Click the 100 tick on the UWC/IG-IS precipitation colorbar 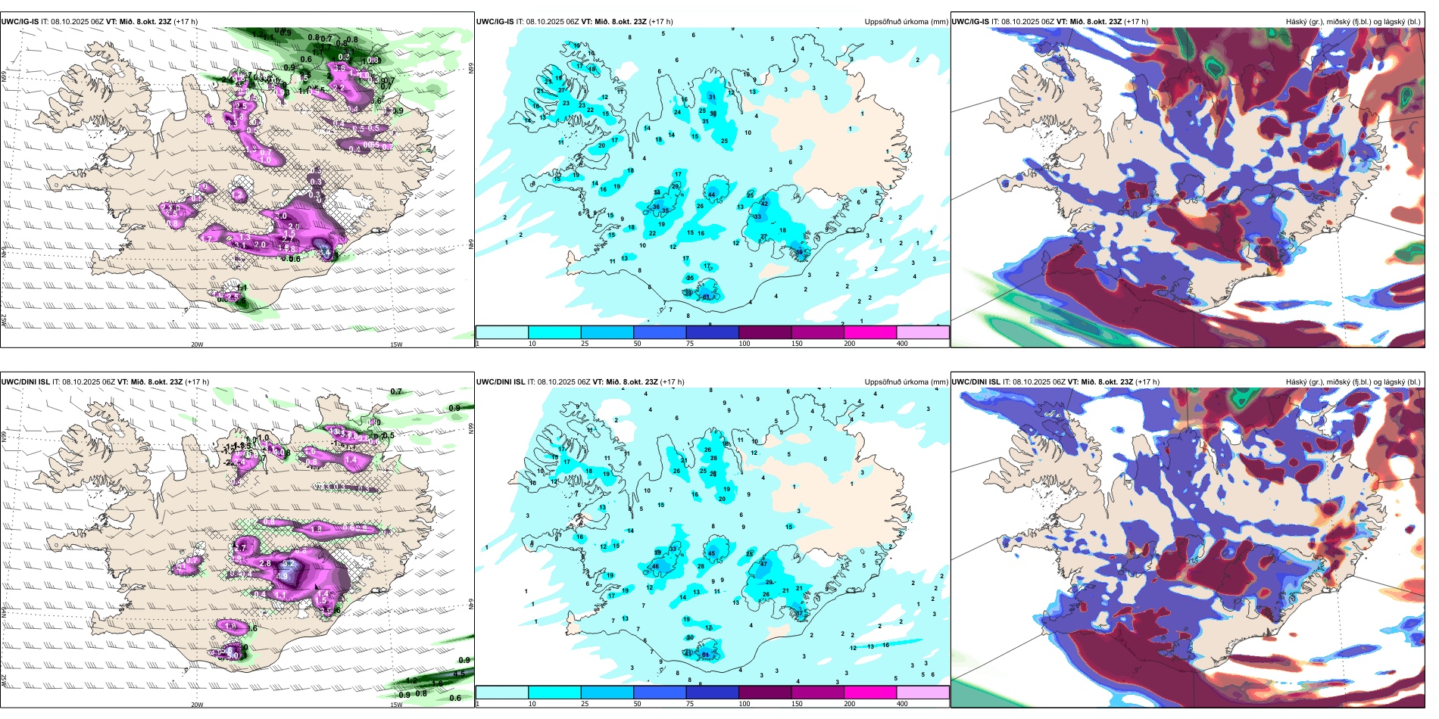coord(744,344)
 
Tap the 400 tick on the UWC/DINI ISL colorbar coord(902,704)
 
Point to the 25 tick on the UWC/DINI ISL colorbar coord(585,704)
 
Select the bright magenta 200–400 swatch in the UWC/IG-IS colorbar coord(869,332)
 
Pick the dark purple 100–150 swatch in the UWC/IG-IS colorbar coord(764,332)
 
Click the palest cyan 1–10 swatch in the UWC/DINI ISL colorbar coord(501,693)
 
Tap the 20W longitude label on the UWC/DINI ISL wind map coord(197,705)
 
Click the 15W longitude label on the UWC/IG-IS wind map coord(395,344)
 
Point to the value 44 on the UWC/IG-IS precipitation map coord(711,195)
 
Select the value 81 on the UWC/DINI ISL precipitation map coord(706,655)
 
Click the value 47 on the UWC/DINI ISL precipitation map coord(764,564)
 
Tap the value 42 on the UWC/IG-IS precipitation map coord(764,204)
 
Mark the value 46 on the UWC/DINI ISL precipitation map coord(655,566)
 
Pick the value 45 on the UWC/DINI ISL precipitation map coord(711,554)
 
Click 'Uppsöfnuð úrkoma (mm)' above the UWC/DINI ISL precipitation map coord(906,382)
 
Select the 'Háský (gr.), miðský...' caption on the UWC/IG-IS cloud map coord(1353,22)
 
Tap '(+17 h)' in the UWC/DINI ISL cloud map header coord(1146,382)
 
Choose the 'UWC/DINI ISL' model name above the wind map coord(26,382)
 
